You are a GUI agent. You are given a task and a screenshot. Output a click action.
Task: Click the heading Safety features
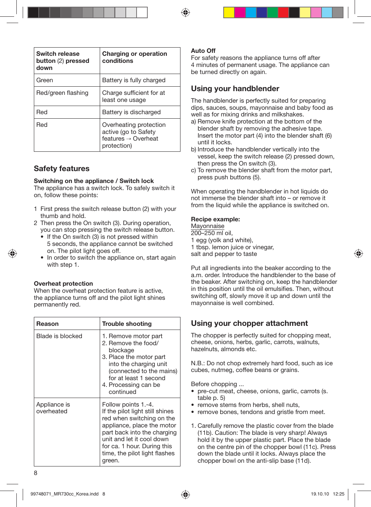tap(61, 169)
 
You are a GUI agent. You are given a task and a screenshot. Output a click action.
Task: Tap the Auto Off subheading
tap(203, 51)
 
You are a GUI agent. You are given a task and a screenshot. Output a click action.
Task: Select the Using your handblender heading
tap(235, 89)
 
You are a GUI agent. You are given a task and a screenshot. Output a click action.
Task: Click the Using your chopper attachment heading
tap(249, 323)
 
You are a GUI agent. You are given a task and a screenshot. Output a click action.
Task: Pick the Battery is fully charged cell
tap(134, 80)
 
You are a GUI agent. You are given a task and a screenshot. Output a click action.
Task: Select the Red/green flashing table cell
tap(62, 93)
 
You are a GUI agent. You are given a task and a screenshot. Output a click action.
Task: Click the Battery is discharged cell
tap(131, 112)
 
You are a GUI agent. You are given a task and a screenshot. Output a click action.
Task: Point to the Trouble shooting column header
tap(127, 324)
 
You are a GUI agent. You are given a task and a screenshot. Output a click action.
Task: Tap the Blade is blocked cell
tap(59, 336)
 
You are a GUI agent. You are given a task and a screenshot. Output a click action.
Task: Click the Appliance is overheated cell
tap(53, 408)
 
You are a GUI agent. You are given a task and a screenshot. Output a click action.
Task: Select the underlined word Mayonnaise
tap(208, 226)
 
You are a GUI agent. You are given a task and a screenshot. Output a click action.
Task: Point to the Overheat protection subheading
tap(63, 283)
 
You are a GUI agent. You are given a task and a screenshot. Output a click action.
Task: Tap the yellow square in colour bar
tap(229, 12)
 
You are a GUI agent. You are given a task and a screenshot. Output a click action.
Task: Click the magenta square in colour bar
tap(240, 12)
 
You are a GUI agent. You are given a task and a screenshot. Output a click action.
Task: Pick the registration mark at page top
tap(185, 12)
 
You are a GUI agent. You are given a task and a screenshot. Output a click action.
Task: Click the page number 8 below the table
tap(36, 473)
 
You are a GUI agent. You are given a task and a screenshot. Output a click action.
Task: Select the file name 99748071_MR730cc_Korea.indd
tap(64, 494)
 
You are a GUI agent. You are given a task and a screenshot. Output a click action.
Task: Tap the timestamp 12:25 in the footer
tap(338, 494)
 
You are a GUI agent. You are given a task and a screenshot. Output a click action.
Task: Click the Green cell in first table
tap(45, 80)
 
